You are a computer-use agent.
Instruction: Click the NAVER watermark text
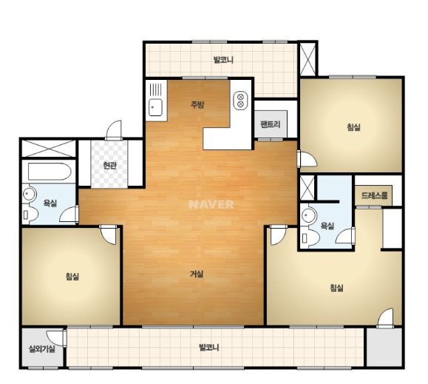pos(211,204)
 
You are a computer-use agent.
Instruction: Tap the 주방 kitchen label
pos(197,104)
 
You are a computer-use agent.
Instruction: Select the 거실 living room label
pos(197,274)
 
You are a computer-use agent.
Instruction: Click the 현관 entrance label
pos(109,165)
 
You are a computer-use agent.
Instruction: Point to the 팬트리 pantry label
pos(271,124)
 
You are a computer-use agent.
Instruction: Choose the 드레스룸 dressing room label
pos(374,195)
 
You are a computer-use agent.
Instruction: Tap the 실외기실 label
pos(42,348)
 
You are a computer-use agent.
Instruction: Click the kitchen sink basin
pos(155,107)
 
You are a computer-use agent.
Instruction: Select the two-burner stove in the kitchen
pos(240,100)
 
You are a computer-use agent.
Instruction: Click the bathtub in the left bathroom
pos(50,172)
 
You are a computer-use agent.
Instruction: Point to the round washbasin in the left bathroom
pos(29,194)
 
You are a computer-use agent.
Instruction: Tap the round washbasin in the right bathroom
pos(308,215)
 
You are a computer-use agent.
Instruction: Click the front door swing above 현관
pos(114,130)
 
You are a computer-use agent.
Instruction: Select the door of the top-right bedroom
pos(308,158)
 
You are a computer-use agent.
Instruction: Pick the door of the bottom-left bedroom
pos(109,235)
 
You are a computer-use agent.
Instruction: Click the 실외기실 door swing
pos(56,338)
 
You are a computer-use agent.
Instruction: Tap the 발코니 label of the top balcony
pos(223,59)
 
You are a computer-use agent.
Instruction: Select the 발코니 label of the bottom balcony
pos(208,348)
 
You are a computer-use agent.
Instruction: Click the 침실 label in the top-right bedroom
pos(354,127)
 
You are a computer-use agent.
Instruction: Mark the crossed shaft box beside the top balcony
pos(308,59)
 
